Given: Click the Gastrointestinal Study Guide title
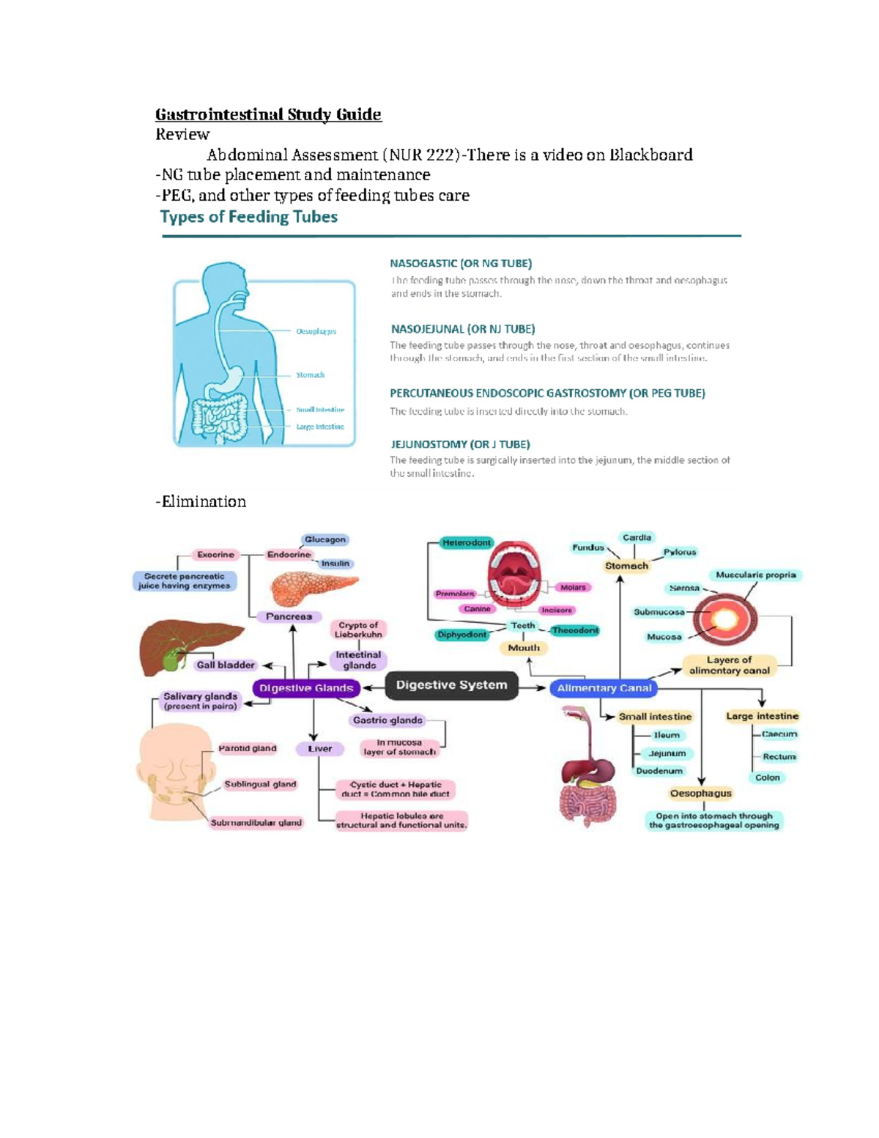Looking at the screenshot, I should pos(268,114).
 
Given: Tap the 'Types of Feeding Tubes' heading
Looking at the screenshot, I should pos(248,217).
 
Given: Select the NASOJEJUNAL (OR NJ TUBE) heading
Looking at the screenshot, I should pos(462,329).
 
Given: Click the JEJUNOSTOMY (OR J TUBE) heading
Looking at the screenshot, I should pos(460,444).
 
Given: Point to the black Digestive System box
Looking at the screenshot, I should pos(451,685).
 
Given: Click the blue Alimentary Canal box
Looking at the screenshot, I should pos(604,688).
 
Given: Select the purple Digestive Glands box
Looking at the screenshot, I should pos(306,688).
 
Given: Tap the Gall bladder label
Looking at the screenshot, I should pos(225,665).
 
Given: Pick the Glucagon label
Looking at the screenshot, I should pos(324,539).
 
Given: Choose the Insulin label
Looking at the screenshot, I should pos(335,564).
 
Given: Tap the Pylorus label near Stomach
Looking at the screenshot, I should pos(679,552).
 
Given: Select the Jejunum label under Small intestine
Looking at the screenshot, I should pos(667,753).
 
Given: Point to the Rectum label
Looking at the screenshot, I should pos(779,756).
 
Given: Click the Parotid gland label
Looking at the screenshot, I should pos(247,748).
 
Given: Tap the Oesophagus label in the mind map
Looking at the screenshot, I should pos(700,793).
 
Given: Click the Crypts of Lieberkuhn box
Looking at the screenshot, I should pos(358,629).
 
